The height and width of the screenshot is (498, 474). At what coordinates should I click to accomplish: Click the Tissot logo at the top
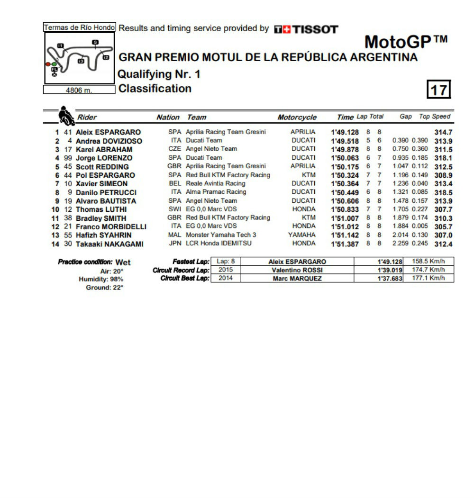pyautogui.click(x=306, y=29)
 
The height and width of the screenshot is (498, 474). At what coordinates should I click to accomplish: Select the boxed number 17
pyautogui.click(x=439, y=90)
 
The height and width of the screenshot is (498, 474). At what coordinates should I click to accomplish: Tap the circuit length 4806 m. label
pyautogui.click(x=79, y=90)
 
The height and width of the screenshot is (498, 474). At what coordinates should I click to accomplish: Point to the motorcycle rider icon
pyautogui.click(x=66, y=116)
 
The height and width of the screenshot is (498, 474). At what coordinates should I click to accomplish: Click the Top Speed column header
pyautogui.click(x=435, y=117)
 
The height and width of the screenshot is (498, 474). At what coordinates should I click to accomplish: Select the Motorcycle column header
pyautogui.click(x=297, y=118)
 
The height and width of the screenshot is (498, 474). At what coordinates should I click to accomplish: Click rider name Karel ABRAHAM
pyautogui.click(x=104, y=149)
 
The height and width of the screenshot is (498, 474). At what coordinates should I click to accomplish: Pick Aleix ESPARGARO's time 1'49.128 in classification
pyautogui.click(x=345, y=132)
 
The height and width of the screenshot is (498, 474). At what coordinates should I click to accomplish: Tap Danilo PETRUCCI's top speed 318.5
pyautogui.click(x=443, y=192)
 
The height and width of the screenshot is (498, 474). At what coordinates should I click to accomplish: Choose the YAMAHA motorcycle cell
pyautogui.click(x=301, y=235)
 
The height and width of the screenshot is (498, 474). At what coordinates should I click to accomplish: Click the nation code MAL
pyautogui.click(x=174, y=235)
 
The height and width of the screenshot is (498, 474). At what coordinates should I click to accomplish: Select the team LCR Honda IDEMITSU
pyautogui.click(x=219, y=244)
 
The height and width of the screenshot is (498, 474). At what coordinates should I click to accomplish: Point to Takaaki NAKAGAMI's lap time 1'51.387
pyautogui.click(x=345, y=244)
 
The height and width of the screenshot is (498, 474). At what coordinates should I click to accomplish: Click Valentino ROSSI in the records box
pyautogui.click(x=297, y=270)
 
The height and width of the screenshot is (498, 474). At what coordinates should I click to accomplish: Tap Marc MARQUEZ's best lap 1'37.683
pyautogui.click(x=390, y=279)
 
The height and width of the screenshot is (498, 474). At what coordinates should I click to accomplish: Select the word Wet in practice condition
pyautogui.click(x=123, y=262)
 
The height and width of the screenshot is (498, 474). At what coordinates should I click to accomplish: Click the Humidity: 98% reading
pyautogui.click(x=101, y=279)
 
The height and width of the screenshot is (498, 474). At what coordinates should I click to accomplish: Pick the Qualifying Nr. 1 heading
pyautogui.click(x=159, y=74)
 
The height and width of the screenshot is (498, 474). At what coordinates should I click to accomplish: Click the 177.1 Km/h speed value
pyautogui.click(x=428, y=278)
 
